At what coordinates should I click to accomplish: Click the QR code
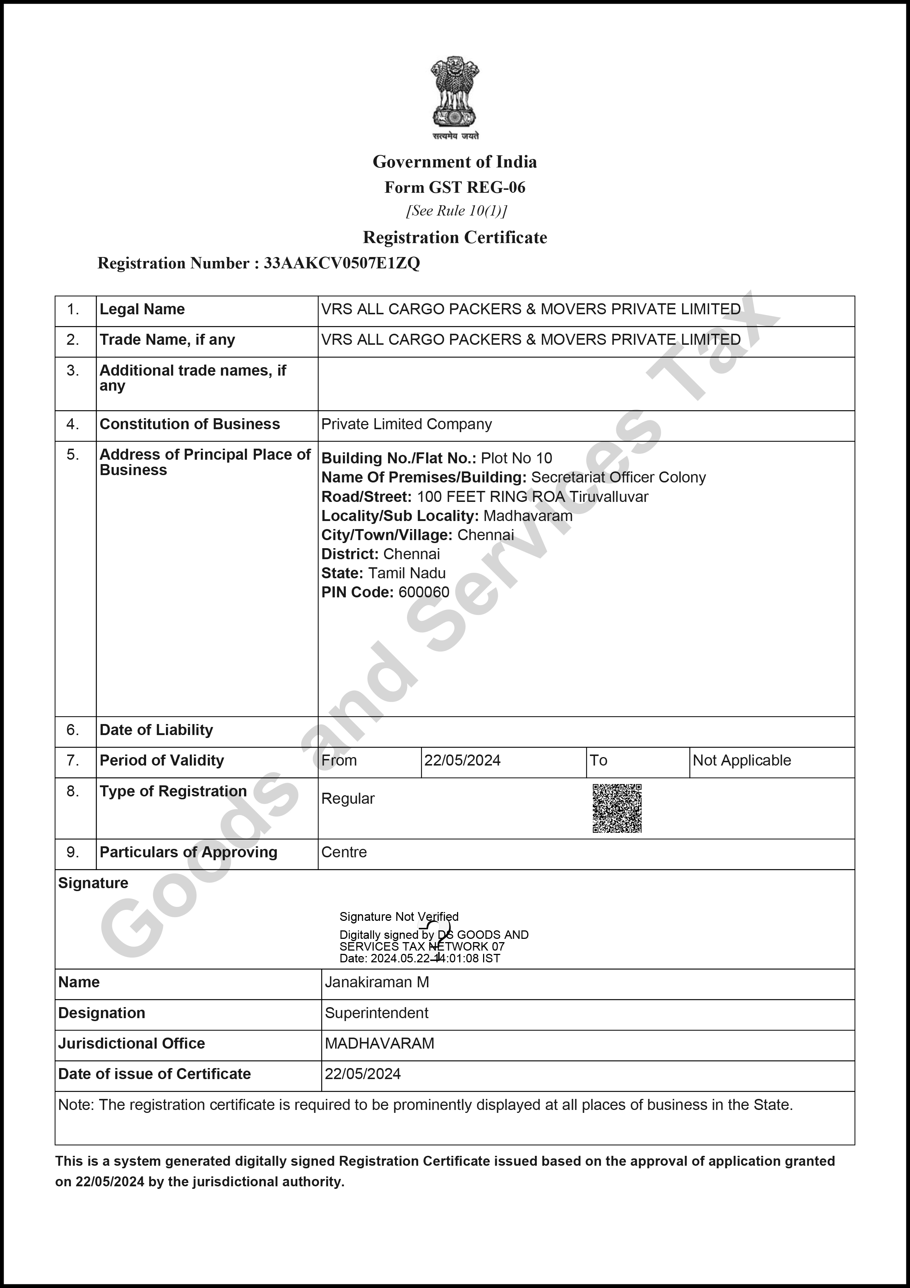(617, 808)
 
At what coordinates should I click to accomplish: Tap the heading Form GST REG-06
(455, 187)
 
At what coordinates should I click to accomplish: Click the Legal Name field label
(142, 309)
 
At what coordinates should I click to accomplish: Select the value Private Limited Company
(406, 424)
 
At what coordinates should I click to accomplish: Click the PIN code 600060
(424, 592)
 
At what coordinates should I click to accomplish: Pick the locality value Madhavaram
(527, 516)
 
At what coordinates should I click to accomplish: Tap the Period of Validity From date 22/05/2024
(462, 761)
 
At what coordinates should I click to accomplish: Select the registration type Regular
(348, 799)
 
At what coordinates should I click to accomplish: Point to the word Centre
(344, 852)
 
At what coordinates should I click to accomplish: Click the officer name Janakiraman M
(377, 982)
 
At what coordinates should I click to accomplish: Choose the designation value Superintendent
(376, 1013)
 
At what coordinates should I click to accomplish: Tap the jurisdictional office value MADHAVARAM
(380, 1043)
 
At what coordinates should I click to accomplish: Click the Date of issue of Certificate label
(154, 1074)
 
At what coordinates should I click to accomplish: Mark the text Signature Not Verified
(399, 917)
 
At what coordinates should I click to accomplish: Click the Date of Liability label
(156, 730)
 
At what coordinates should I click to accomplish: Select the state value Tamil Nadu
(406, 573)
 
